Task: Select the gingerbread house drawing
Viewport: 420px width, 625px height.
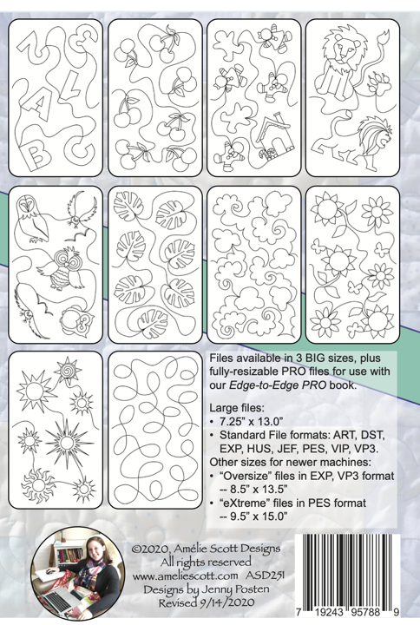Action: pos(276,137)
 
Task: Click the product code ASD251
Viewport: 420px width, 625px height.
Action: pos(265,576)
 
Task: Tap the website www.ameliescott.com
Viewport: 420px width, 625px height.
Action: pos(186,576)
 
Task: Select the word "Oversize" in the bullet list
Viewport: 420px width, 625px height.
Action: pos(245,476)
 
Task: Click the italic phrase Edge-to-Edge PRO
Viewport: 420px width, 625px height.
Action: pos(278,385)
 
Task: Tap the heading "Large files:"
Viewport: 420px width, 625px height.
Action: pos(237,408)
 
